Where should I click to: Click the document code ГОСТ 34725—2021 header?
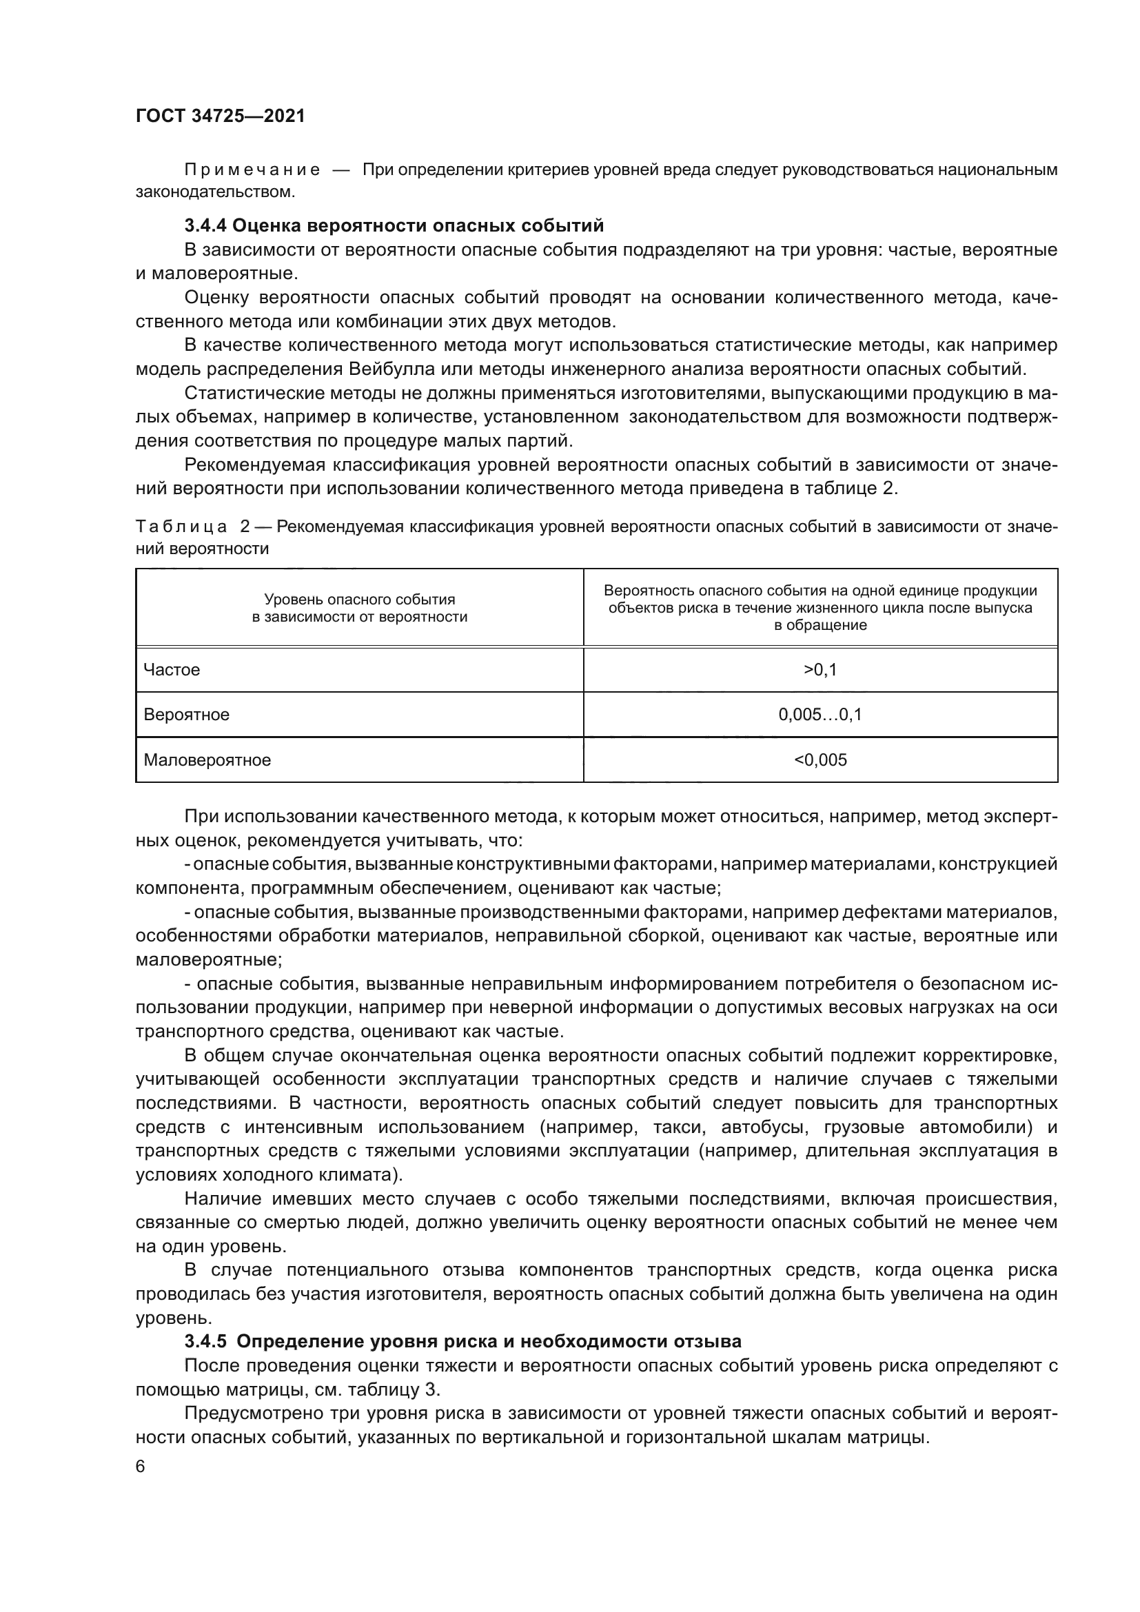221,116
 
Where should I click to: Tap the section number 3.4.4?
205,226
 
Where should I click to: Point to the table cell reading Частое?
172,670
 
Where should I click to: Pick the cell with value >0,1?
820,670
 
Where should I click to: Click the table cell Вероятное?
187,715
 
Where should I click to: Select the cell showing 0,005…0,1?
820,715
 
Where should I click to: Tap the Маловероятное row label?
207,759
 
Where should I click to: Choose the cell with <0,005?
820,759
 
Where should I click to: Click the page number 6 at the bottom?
141,1467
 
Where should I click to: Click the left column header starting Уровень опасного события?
359,608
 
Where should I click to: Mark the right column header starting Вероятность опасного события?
820,608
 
